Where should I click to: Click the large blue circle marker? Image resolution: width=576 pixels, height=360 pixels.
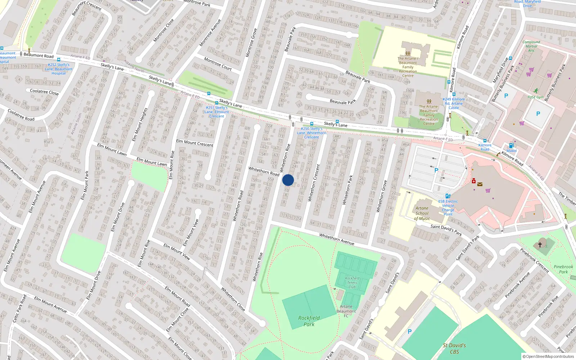288,180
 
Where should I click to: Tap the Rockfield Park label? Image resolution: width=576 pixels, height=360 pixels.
309,321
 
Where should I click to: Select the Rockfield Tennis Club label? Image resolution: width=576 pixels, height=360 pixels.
352,283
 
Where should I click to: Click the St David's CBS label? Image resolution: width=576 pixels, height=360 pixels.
454,348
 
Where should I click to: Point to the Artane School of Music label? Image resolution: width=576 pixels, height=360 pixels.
422,213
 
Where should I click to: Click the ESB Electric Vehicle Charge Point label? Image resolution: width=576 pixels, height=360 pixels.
448,208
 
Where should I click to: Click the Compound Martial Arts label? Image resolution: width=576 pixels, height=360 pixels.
531,46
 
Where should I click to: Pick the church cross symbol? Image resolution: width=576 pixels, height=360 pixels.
540,245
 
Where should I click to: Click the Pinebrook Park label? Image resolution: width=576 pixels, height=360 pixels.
563,269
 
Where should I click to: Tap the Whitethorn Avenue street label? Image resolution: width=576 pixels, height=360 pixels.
337,239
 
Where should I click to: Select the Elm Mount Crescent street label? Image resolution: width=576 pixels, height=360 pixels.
194,143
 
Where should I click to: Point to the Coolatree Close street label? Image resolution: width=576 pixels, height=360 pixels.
44,92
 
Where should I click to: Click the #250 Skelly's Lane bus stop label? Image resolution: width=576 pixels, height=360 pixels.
311,132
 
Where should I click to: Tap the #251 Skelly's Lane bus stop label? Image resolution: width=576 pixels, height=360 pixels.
217,112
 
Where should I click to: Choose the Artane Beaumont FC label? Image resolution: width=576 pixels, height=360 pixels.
346,311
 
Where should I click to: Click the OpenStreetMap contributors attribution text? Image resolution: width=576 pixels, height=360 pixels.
548,357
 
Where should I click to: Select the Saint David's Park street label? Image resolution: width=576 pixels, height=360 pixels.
446,230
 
